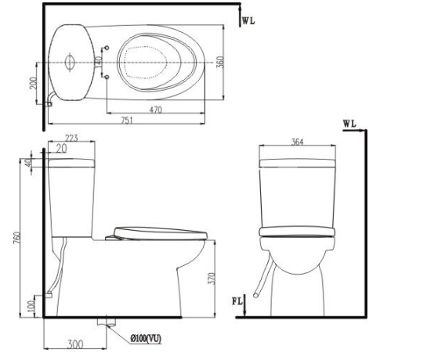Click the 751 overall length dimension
pos(127,120)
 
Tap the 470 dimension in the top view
pos(155,110)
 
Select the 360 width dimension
pos(220,62)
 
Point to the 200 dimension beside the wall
pos(33,83)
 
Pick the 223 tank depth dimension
pos(71,138)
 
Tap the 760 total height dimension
pos(17,238)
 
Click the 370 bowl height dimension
pos(212,279)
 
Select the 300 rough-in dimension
pos(75,344)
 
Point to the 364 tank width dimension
pos(297,142)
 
